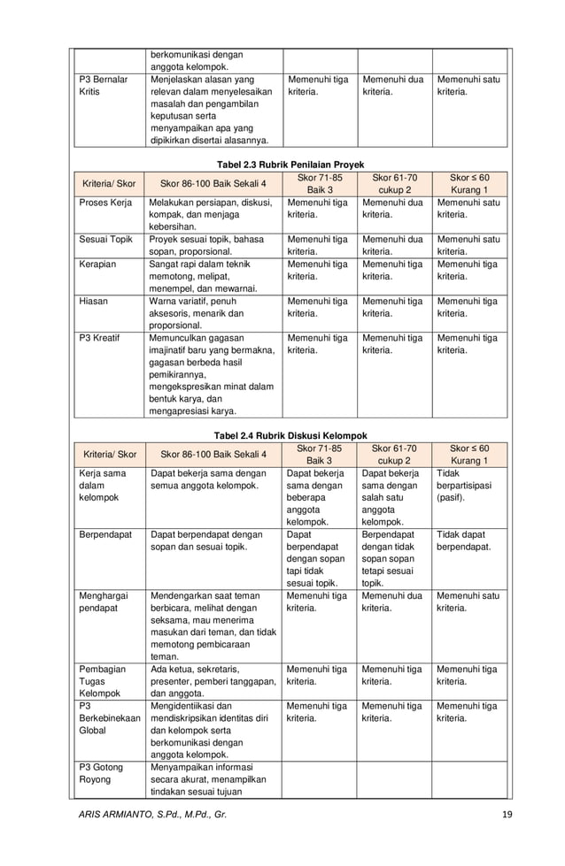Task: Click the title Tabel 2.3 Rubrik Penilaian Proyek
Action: click(x=290, y=165)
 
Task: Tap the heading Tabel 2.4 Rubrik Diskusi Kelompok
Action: click(x=290, y=435)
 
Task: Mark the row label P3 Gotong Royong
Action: click(x=96, y=773)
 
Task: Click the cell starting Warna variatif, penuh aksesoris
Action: click(x=208, y=312)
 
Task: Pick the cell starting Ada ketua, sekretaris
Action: click(x=213, y=681)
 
